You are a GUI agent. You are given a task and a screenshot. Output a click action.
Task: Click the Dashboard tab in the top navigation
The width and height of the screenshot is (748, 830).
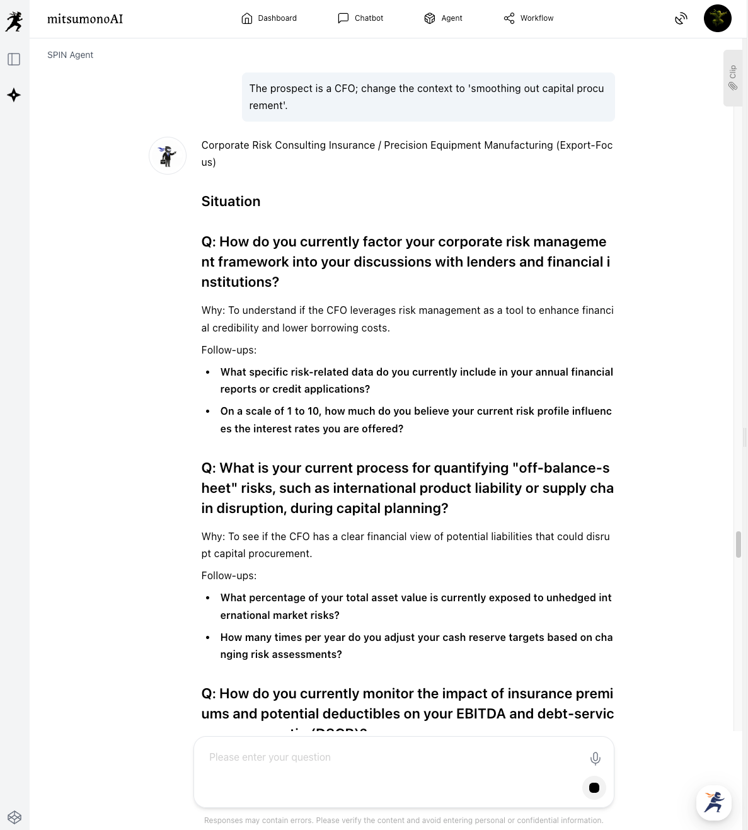tap(269, 18)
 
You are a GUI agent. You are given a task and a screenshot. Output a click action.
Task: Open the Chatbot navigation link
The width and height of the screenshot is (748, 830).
tap(360, 18)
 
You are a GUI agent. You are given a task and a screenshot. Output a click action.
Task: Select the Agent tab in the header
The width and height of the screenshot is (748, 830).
tap(444, 18)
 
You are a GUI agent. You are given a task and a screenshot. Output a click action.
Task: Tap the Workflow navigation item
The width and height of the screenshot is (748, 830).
tap(529, 18)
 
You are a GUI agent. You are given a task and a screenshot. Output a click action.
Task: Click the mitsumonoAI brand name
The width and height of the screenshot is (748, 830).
tap(85, 19)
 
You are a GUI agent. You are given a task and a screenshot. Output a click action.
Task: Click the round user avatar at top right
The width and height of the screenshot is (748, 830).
tap(717, 18)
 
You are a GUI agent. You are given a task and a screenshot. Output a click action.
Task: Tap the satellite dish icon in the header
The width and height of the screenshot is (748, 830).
tap(681, 19)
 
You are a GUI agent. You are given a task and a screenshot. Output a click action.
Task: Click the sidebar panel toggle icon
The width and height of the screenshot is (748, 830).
tap(14, 59)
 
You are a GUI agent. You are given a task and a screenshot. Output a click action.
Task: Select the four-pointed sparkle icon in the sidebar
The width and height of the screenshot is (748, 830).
tap(14, 95)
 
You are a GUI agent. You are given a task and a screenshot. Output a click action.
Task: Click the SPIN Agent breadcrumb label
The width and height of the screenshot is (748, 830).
tap(70, 55)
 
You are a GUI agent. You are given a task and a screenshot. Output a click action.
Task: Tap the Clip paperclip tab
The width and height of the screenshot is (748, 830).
tap(732, 78)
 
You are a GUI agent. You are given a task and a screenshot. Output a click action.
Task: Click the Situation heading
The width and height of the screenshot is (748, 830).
tap(231, 201)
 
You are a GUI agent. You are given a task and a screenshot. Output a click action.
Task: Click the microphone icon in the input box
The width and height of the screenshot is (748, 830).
tap(595, 758)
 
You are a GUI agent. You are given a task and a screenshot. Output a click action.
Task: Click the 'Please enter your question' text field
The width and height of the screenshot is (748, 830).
tap(391, 758)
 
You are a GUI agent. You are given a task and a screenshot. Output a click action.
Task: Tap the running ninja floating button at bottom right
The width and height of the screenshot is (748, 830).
tap(714, 802)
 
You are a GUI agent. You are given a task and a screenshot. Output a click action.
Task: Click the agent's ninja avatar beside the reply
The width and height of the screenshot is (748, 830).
tap(168, 156)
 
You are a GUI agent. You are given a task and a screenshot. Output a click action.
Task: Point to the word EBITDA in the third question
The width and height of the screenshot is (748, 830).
tap(480, 713)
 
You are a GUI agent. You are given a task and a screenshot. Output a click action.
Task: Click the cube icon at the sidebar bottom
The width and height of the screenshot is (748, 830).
tap(14, 817)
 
